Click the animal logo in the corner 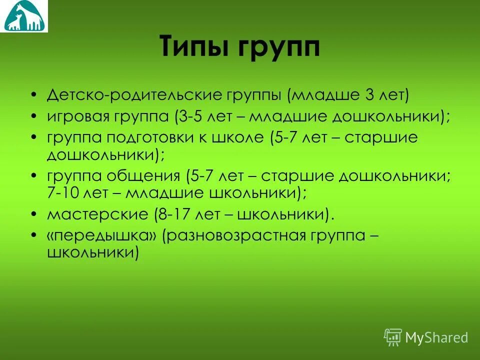[x=24, y=16]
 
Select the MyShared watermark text [x=436, y=337]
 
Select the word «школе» [x=239, y=138]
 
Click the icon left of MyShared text [x=392, y=337]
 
